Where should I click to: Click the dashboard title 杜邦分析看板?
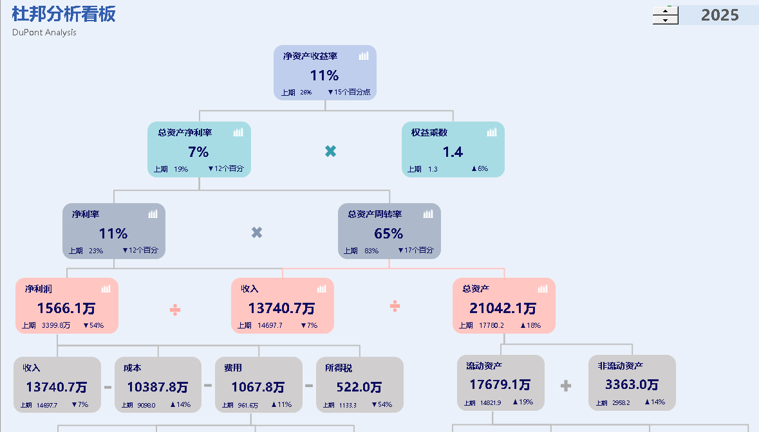point(64,14)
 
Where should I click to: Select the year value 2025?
point(719,15)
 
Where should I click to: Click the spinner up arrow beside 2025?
point(666,10)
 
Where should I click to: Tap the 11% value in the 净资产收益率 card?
point(324,76)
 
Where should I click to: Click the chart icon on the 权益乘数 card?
point(492,132)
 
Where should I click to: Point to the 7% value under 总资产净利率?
point(198,152)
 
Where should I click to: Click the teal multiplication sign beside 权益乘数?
point(330,151)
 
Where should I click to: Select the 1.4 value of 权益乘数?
point(453,152)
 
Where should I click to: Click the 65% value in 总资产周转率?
point(388,234)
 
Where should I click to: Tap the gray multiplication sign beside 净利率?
point(257,233)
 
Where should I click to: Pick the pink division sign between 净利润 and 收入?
point(175,310)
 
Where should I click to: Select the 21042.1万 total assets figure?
point(503,309)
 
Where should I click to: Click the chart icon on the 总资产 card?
point(542,289)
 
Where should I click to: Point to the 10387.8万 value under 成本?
point(157,387)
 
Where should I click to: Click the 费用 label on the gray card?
point(233,368)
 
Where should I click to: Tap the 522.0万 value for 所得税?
point(359,387)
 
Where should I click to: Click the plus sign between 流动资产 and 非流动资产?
point(566,386)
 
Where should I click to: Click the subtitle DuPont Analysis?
point(44,32)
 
